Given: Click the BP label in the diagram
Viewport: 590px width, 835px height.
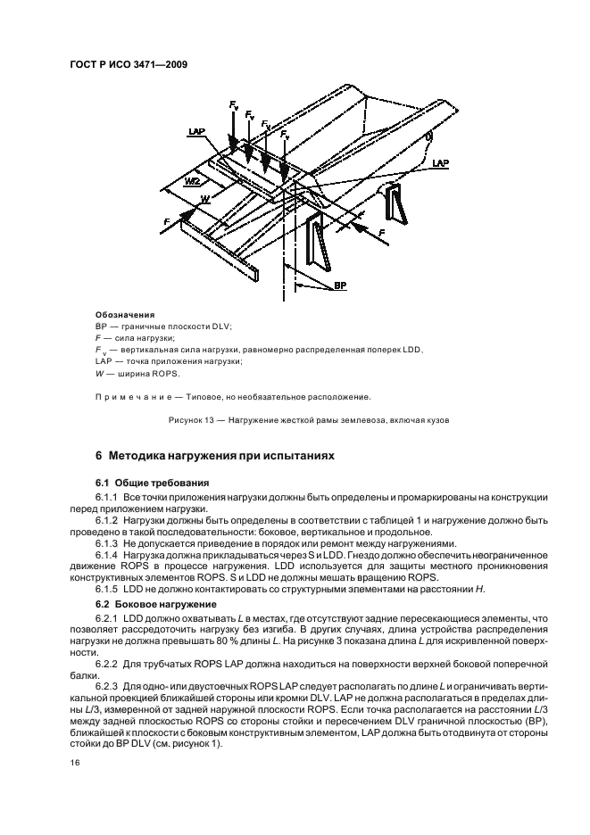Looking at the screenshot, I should (341, 285).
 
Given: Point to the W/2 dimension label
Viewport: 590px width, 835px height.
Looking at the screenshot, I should (192, 181).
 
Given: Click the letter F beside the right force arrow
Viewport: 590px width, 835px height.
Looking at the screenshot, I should (383, 231).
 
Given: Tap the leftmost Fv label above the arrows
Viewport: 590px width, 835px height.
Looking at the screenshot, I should (233, 106).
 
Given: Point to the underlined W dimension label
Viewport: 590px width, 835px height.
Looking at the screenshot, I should (204, 198).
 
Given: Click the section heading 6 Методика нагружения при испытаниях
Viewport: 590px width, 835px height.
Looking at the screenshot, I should (214, 455).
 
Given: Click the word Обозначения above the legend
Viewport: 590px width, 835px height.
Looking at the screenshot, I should (124, 314).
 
